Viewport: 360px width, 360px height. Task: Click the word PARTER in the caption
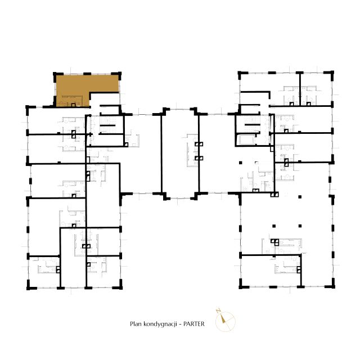(x=193, y=324)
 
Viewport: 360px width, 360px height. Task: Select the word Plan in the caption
(x=136, y=324)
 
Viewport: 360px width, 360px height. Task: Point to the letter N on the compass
(x=218, y=311)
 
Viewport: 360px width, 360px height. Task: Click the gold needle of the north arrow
(x=223, y=319)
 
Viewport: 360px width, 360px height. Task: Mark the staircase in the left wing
(x=107, y=125)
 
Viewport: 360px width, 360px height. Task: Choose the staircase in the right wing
(x=252, y=124)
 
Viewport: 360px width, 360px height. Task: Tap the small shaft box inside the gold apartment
(x=73, y=105)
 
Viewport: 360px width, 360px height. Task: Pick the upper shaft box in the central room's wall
(x=199, y=144)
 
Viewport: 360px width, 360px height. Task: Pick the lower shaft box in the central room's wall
(x=199, y=158)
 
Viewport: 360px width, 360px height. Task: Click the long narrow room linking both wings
(x=180, y=154)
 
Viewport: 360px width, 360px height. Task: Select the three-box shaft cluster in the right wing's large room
(x=275, y=242)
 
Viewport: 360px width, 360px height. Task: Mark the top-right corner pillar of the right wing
(x=331, y=74)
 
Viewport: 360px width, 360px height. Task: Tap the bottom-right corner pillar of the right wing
(x=331, y=285)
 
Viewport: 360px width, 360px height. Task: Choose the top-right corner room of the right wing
(x=316, y=89)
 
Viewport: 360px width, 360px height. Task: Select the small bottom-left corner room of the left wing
(x=44, y=272)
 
